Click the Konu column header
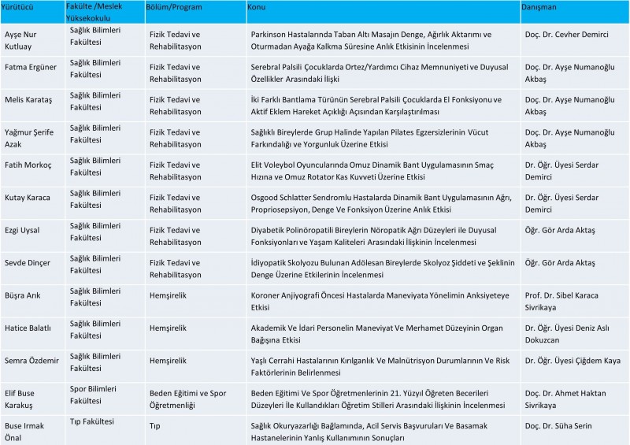click(x=256, y=6)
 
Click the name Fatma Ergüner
click(x=31, y=67)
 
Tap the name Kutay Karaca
click(x=28, y=198)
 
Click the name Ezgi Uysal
click(x=23, y=230)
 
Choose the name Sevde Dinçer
click(x=27, y=263)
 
